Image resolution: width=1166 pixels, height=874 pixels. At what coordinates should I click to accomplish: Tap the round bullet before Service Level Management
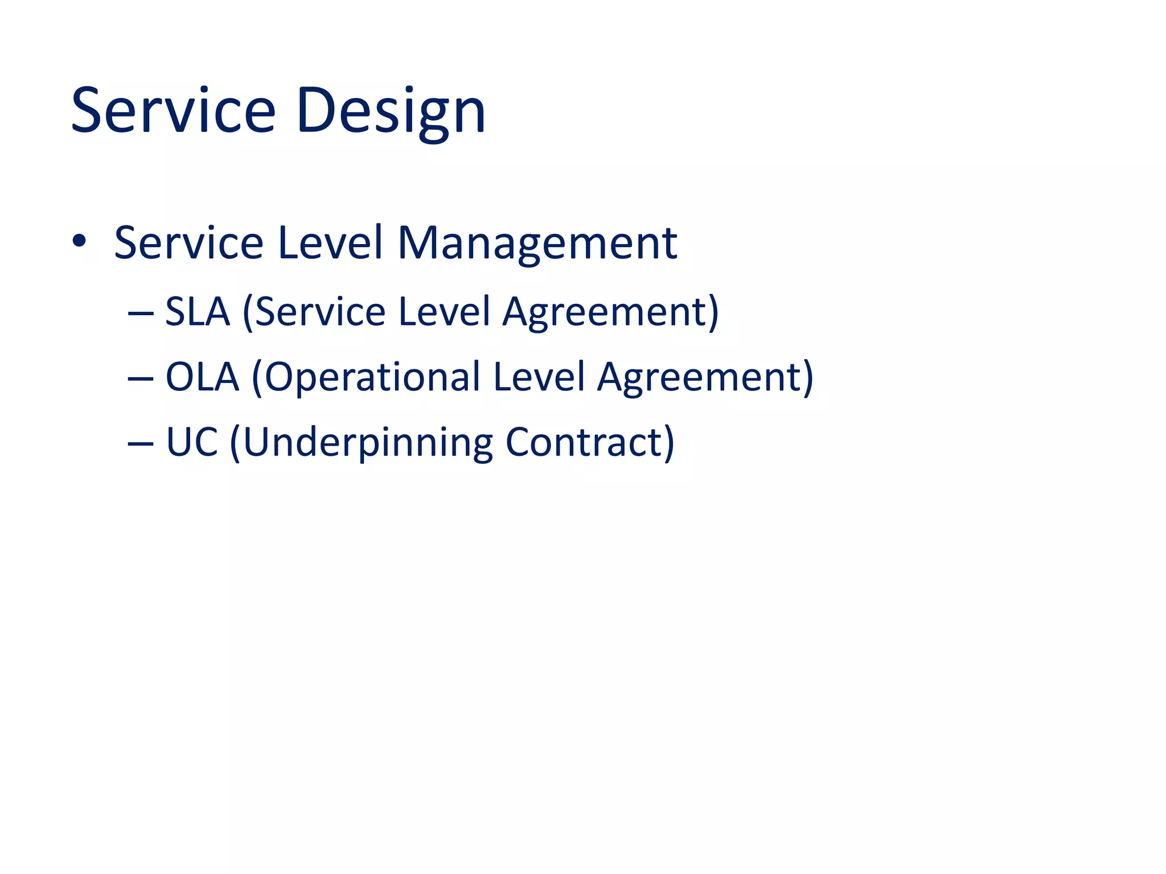point(79,241)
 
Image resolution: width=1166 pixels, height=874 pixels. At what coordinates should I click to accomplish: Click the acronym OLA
point(202,377)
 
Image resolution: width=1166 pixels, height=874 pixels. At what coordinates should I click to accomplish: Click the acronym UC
point(192,442)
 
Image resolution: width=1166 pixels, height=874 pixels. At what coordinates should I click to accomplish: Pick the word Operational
point(372,378)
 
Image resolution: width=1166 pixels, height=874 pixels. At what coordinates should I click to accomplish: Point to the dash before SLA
point(141,314)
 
